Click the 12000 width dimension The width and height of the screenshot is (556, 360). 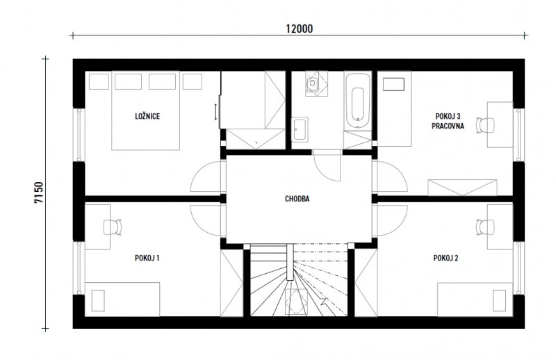click(x=300, y=28)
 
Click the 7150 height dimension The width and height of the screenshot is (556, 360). click(x=39, y=193)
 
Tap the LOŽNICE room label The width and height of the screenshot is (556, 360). click(x=147, y=116)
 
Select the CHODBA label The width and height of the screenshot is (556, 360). click(x=297, y=199)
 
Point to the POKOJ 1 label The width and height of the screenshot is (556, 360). click(x=147, y=258)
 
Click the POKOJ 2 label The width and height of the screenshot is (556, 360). click(x=445, y=258)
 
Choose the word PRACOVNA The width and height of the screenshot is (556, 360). click(x=448, y=126)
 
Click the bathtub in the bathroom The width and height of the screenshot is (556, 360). click(x=357, y=100)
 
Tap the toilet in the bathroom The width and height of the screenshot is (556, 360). click(x=312, y=83)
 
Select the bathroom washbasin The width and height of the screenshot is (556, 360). click(x=300, y=129)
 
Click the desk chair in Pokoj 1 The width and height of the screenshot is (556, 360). click(x=112, y=227)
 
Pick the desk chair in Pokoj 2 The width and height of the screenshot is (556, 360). click(x=485, y=227)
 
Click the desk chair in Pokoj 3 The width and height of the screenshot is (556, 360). click(x=485, y=125)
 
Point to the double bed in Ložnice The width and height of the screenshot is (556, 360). click(x=146, y=111)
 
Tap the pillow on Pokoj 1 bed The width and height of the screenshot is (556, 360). click(x=98, y=300)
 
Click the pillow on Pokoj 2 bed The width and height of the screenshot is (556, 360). click(x=499, y=300)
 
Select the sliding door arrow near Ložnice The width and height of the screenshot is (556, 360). click(x=215, y=112)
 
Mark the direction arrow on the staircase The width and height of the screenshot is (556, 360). click(x=323, y=302)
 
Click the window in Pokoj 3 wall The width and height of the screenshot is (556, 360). click(x=519, y=134)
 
